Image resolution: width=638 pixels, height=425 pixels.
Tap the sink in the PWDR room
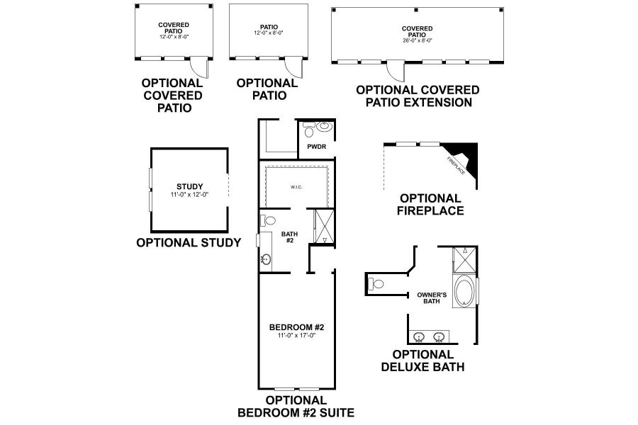pos(323,127)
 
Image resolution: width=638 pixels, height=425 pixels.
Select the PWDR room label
pos(315,147)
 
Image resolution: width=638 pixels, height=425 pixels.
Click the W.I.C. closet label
pos(296,188)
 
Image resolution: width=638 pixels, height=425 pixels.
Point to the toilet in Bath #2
pos(264,220)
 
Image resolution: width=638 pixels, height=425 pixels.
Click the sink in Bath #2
pos(266,259)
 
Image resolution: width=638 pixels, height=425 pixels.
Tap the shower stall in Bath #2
pos(323,227)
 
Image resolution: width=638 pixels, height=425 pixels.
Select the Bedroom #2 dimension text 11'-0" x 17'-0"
pos(297,335)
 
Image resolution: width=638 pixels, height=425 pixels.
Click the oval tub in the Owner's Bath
pos(465,291)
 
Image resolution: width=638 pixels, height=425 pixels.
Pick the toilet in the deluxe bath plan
pos(376,284)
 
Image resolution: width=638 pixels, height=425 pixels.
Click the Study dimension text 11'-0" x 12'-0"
pos(190,194)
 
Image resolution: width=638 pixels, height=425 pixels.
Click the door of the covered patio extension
pos(393,71)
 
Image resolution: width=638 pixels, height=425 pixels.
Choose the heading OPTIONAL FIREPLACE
pos(431,204)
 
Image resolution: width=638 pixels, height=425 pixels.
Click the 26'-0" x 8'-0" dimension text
pos(417,40)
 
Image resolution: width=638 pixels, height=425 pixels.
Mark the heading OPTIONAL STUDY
pos(189,242)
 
